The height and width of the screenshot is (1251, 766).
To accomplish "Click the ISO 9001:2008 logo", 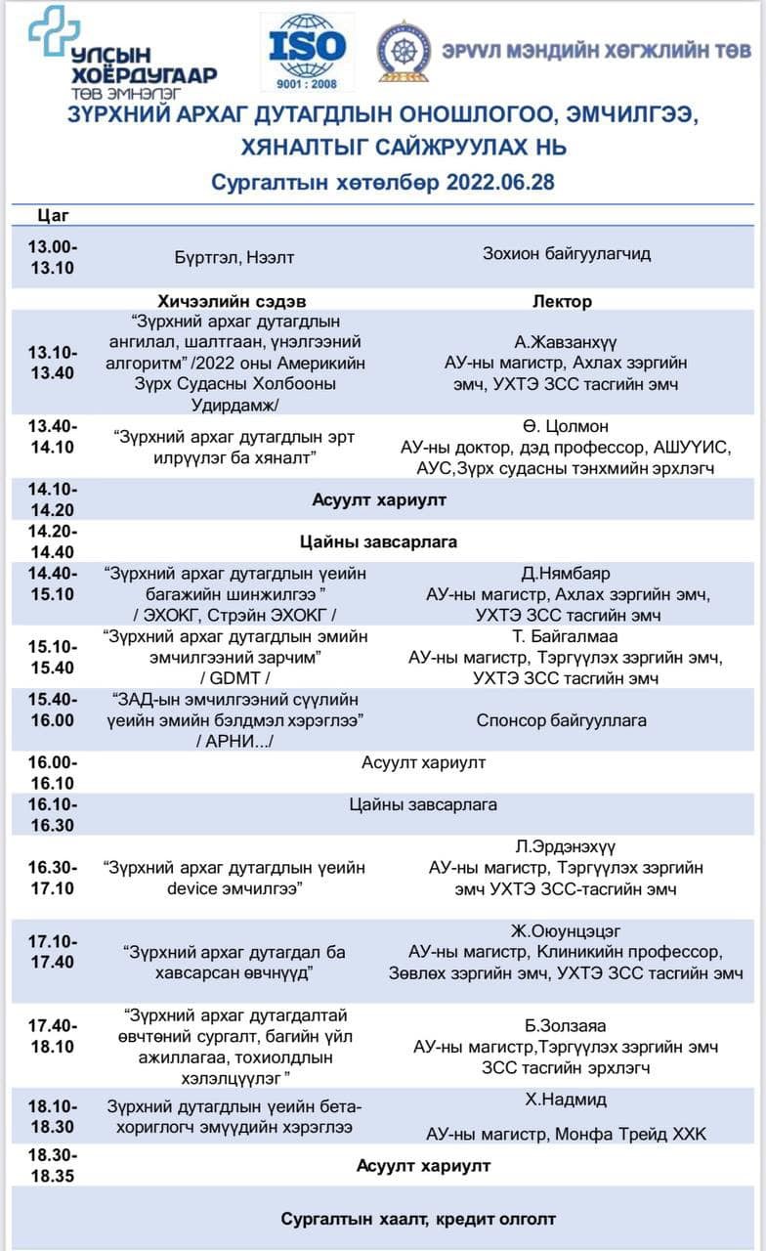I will pos(309,51).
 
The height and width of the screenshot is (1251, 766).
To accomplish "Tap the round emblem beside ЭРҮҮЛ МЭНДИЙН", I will pos(404,51).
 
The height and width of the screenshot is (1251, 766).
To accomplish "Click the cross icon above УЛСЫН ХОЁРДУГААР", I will pos(54,28).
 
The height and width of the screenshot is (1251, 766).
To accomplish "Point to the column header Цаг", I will pos(53,215).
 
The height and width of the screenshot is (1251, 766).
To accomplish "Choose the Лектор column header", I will pos(562,301).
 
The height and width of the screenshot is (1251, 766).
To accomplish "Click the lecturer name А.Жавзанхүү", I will pos(565,342).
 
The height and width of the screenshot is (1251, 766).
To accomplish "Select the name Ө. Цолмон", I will pos(566,426).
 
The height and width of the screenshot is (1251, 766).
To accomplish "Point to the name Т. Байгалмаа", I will pos(566,636).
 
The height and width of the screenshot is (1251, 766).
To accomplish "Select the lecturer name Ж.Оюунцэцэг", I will pos(566,930).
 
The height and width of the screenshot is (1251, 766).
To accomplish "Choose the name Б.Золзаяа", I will pos(565,1025).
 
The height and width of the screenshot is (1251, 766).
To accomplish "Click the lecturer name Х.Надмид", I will pos(566,1100).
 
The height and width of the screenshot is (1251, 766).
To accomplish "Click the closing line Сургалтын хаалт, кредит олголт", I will pos(418,1219).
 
